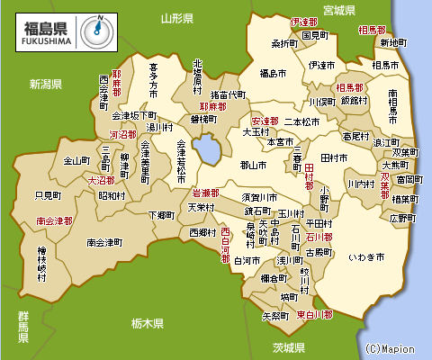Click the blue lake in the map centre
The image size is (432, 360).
click(208, 148)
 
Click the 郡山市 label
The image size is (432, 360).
click(253, 166)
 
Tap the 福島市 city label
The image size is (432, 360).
click(273, 73)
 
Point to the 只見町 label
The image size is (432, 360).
click(47, 194)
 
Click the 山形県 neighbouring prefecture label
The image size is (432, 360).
click(176, 18)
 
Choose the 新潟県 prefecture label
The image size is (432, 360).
click(45, 85)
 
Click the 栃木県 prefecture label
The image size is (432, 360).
click(147, 323)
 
